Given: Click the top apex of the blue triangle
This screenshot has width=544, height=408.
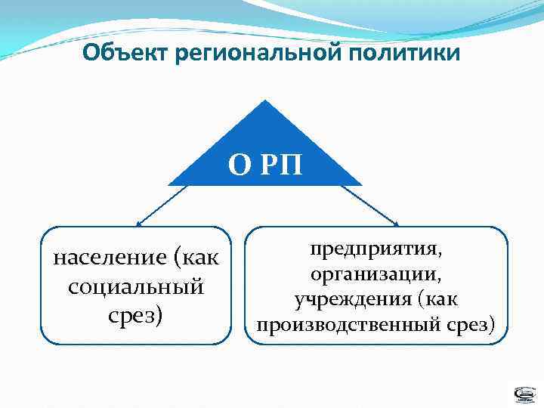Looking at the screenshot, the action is point(264,100).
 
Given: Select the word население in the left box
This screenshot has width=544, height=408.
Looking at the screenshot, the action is point(110,259).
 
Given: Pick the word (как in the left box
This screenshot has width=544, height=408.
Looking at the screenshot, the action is point(197,259).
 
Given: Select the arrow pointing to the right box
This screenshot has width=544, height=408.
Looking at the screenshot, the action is point(370,206).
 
